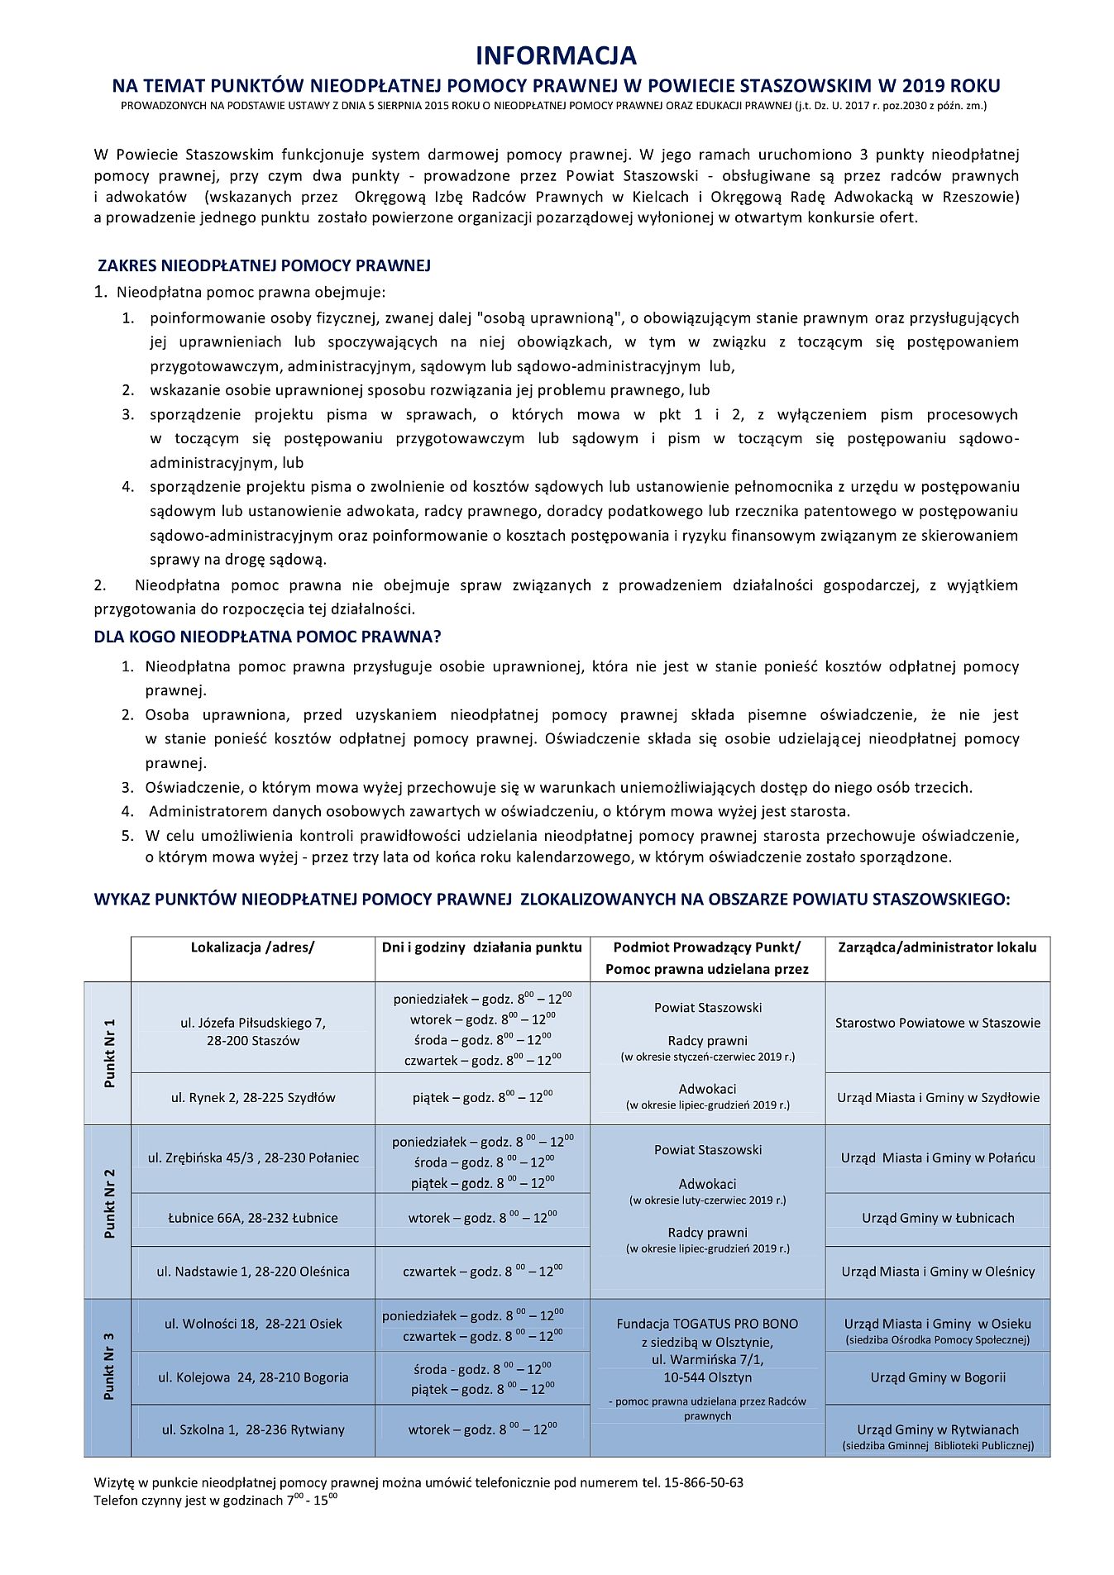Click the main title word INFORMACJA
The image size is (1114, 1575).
(556, 55)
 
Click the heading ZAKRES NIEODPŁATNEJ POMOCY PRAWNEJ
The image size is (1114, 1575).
(264, 265)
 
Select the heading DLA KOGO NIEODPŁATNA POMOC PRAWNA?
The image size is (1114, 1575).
(267, 637)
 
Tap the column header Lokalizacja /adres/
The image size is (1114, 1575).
(252, 947)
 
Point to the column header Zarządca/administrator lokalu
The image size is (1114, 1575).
(937, 947)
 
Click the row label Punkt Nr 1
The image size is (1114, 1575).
(109, 1052)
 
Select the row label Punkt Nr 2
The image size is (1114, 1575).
(109, 1203)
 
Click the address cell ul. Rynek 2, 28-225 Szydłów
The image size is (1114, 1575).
(253, 1098)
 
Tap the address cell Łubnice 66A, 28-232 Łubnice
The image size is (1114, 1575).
(252, 1218)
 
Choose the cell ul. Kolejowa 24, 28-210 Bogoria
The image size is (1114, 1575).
(253, 1377)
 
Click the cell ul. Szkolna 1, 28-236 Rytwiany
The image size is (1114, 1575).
(253, 1429)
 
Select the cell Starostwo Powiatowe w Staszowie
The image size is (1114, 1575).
(937, 1023)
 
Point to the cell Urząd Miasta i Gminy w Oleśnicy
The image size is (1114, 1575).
(938, 1272)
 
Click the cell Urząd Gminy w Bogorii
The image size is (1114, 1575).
(938, 1377)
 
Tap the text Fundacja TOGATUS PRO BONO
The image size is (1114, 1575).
(707, 1324)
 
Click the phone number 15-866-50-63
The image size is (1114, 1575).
(703, 1482)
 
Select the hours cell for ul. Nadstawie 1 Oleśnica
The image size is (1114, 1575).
(482, 1272)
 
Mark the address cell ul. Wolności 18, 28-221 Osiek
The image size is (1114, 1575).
(253, 1324)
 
